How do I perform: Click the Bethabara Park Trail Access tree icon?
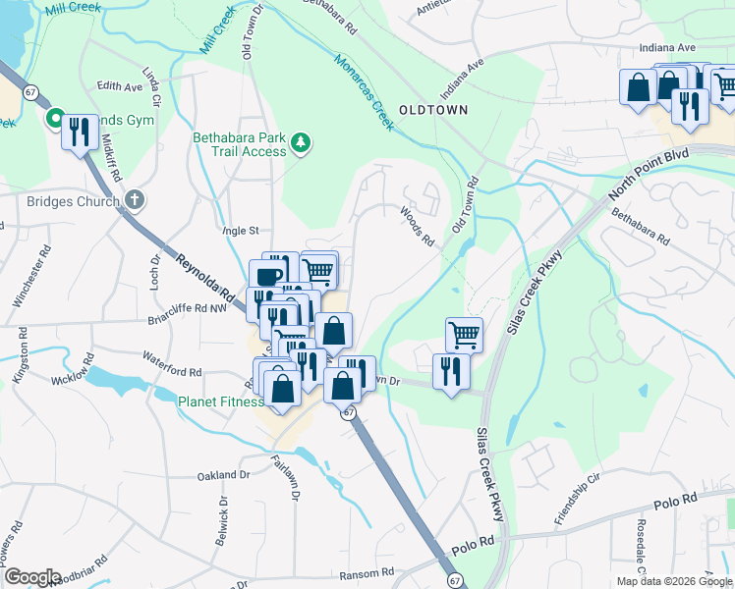pyautogui.click(x=301, y=144)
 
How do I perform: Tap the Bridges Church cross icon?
pyautogui.click(x=136, y=200)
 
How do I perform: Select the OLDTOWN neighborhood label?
pyautogui.click(x=433, y=110)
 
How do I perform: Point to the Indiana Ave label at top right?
pyautogui.click(x=667, y=47)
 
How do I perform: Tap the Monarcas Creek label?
pyautogui.click(x=364, y=91)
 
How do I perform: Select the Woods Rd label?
pyautogui.click(x=418, y=226)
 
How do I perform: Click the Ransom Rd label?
pyautogui.click(x=367, y=571)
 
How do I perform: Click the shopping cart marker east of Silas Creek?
pyautogui.click(x=465, y=333)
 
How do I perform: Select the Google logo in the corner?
pyautogui.click(x=31, y=577)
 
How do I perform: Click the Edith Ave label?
pyautogui.click(x=120, y=86)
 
